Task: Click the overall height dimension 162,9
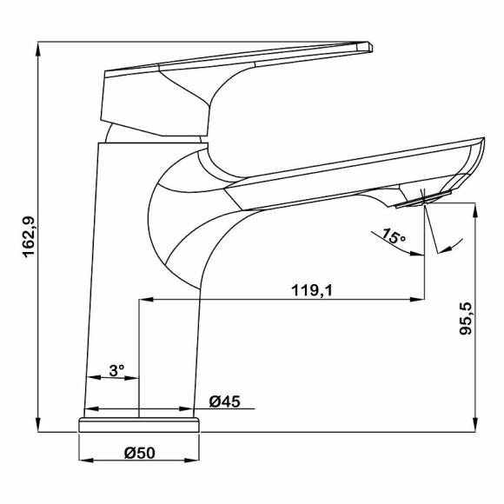point(29,237)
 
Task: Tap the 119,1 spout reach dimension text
point(312,290)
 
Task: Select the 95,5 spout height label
point(465,319)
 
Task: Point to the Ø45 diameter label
point(225,401)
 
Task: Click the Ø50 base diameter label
point(140,453)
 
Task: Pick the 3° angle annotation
point(116,370)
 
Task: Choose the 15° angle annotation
point(394,236)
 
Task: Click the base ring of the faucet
point(139,425)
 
